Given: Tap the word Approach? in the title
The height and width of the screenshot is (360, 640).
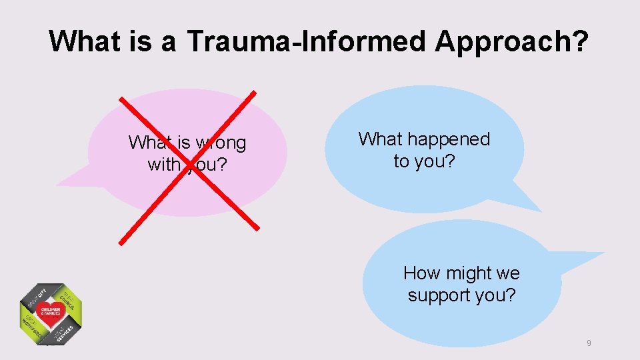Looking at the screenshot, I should [512, 41].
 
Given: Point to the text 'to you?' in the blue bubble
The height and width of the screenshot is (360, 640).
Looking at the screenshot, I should [424, 161].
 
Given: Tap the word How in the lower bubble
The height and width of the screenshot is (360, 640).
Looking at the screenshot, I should [419, 273].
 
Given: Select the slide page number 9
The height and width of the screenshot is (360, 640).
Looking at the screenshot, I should [589, 343].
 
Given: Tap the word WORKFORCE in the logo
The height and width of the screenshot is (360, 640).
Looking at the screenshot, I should [30, 327].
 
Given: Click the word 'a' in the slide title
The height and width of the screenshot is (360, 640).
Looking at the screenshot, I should [167, 41].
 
